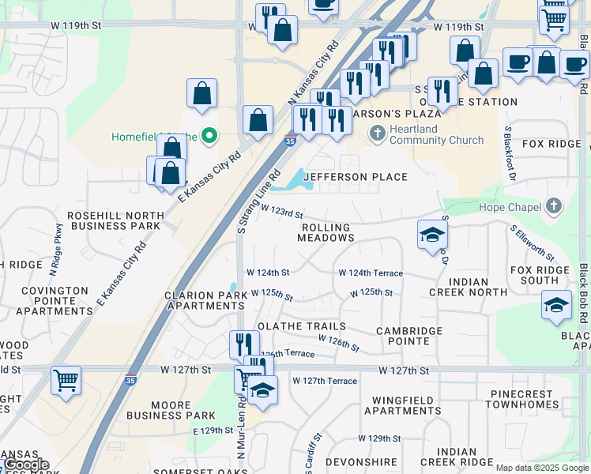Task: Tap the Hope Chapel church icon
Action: coord(554,208)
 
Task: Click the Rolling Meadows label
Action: coord(326,232)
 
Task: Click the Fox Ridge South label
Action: coord(540,275)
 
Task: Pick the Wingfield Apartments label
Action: coord(403,405)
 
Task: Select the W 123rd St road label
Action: coord(281,213)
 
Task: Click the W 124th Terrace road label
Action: coord(371,273)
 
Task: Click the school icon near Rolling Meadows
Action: coord(433,235)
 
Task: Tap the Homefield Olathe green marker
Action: coord(209,137)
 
